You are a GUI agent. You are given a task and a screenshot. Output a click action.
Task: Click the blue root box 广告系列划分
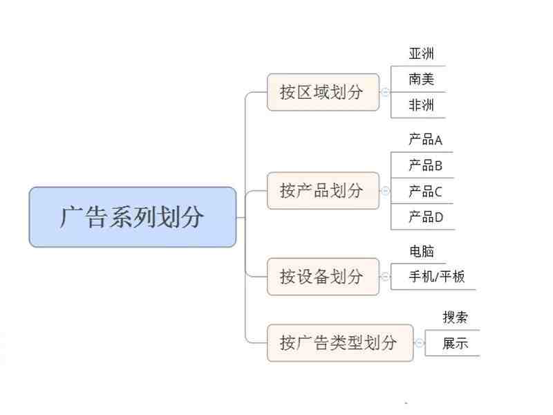133,217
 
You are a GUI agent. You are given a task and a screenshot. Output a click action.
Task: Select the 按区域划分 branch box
323,92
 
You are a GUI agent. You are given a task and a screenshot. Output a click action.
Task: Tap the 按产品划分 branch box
323,191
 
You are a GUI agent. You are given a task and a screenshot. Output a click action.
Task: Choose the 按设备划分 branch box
323,276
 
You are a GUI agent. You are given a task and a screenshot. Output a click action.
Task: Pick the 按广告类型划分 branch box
340,342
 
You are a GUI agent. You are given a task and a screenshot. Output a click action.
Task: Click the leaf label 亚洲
422,53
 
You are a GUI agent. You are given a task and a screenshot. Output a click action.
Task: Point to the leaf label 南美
422,79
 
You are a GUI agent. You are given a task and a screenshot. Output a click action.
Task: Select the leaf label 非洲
422,105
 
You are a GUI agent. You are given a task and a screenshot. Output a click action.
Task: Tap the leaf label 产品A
426,140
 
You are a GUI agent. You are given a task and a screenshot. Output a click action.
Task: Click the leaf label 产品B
426,165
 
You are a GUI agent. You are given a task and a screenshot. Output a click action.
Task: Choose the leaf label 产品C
426,192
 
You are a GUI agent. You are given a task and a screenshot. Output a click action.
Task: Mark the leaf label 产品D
426,216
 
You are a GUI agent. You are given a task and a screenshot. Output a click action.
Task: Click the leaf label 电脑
422,251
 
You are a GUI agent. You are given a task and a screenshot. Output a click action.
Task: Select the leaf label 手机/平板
437,276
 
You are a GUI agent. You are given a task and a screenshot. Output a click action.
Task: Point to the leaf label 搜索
456,317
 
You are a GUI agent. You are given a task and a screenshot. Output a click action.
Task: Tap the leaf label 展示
456,343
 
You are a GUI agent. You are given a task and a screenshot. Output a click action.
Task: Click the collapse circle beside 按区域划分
386,92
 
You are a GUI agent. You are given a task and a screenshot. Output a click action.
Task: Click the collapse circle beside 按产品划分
386,191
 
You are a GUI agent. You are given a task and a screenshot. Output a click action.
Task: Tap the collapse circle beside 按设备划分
386,276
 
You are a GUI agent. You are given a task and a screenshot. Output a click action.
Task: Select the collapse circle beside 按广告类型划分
420,342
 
